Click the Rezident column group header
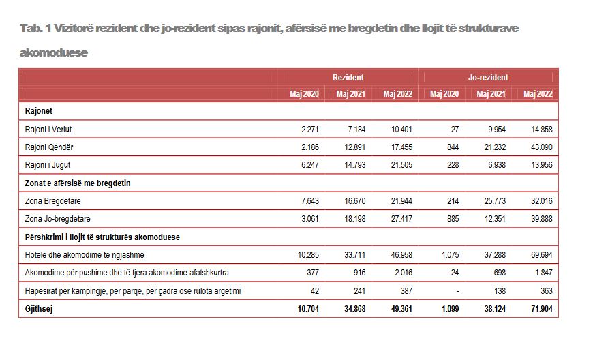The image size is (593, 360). [x=348, y=78]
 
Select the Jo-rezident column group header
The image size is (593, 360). [x=488, y=78]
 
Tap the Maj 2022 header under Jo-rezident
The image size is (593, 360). [x=538, y=94]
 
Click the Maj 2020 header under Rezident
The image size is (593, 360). [x=305, y=94]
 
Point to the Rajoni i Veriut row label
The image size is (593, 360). [x=48, y=130]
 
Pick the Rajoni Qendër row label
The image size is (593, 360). [x=49, y=147]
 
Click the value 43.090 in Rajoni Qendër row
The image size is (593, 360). [x=542, y=147]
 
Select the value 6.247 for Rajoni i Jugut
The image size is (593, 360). [x=310, y=165]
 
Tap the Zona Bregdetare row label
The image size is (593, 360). [x=52, y=201]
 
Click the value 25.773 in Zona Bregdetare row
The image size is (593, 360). [x=495, y=201]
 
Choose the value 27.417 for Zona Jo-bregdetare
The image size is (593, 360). [x=401, y=219]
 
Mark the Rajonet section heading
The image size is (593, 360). [x=39, y=111]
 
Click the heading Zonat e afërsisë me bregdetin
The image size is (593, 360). [x=78, y=183]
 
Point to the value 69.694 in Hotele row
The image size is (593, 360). [x=542, y=255]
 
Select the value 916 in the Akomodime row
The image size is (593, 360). [x=360, y=273]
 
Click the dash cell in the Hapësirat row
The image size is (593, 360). [x=457, y=291]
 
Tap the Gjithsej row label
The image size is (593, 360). [x=39, y=309]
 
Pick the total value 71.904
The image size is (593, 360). [x=542, y=309]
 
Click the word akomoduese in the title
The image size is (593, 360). [x=54, y=52]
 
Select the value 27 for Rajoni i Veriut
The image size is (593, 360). [x=455, y=130]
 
